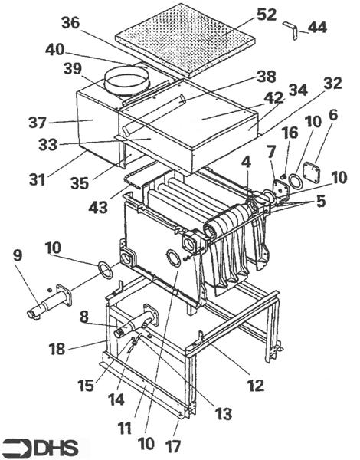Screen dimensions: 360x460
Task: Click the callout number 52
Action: pyautogui.click(x=267, y=15)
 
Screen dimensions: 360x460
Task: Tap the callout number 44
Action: pyautogui.click(x=317, y=28)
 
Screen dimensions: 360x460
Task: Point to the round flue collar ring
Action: pyautogui.click(x=127, y=83)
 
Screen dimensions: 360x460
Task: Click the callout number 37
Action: pyautogui.click(x=38, y=123)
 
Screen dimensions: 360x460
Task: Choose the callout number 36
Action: pyautogui.click(x=70, y=22)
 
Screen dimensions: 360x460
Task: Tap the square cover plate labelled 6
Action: pyautogui.click(x=311, y=173)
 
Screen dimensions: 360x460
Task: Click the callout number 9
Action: pyautogui.click(x=18, y=255)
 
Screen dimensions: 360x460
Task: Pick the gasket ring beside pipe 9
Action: pyautogui.click(x=105, y=270)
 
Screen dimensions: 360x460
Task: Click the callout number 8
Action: pyautogui.click(x=83, y=317)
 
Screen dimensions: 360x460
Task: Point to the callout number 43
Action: pyautogui.click(x=98, y=208)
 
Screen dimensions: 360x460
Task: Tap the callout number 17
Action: pyautogui.click(x=172, y=447)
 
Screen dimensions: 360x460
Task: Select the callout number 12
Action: pyautogui.click(x=256, y=385)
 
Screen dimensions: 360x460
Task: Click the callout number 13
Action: pyautogui.click(x=223, y=414)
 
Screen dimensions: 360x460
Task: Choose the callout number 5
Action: pyautogui.click(x=320, y=202)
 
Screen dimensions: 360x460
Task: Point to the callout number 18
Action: pyautogui.click(x=57, y=349)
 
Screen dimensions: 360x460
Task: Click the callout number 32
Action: pyautogui.click(x=332, y=84)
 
